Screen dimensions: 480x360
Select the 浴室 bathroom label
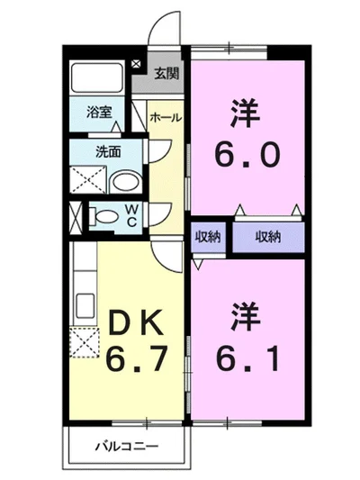[x=99, y=113]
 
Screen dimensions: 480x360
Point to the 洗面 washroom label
[x=109, y=152]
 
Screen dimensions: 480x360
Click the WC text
[x=130, y=216]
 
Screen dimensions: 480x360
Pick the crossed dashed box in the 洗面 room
[x=88, y=179]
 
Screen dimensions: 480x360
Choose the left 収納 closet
[x=208, y=237]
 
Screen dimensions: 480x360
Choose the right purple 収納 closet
[x=267, y=237]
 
